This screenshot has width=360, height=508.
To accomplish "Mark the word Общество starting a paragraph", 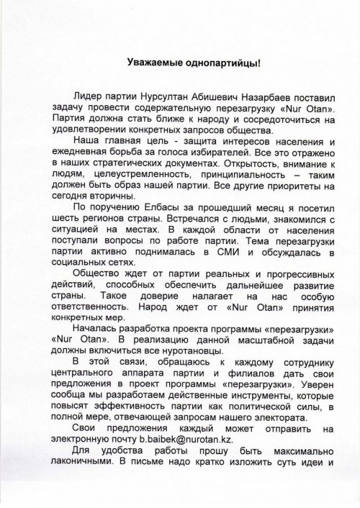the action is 99,273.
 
